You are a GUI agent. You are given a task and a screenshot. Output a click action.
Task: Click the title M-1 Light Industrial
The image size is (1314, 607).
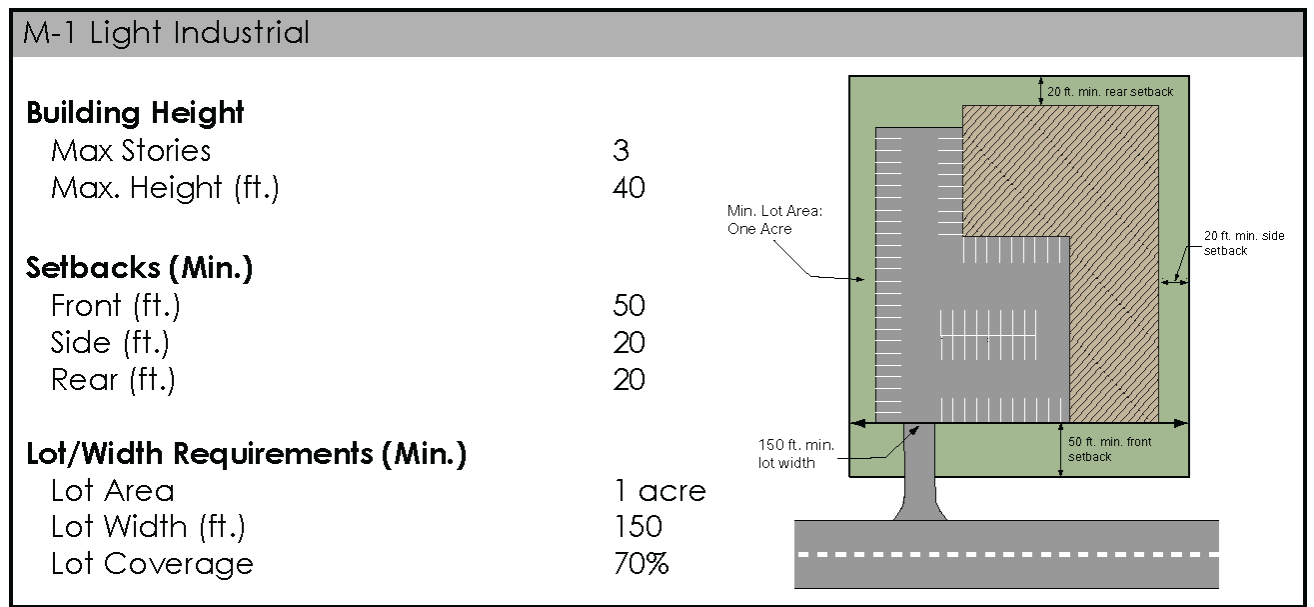coord(166,33)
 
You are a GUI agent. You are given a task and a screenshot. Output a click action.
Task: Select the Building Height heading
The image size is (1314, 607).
coord(135,113)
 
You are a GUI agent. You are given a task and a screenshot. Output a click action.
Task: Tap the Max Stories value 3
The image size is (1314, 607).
coord(621,151)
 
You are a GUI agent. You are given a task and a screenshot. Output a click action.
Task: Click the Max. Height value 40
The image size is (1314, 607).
coord(629,188)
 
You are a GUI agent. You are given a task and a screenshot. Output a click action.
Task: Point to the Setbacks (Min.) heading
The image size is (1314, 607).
coord(139,268)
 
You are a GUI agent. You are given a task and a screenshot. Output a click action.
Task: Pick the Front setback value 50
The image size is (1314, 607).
coord(629,306)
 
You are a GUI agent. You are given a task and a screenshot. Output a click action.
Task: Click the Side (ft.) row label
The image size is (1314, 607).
coord(110,343)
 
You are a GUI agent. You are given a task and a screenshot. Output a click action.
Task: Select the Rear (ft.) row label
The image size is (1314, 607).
coord(113,380)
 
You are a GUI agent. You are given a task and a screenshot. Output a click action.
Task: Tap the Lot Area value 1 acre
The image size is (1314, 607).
coord(658,491)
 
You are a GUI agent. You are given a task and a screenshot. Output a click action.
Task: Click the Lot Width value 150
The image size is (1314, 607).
coord(637,527)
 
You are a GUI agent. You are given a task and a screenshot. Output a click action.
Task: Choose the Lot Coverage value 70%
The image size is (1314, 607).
coord(641,564)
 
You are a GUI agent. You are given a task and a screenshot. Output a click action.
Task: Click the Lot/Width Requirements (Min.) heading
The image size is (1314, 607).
coord(246,454)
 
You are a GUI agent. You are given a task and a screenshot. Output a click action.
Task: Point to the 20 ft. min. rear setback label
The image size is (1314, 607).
coord(1109,92)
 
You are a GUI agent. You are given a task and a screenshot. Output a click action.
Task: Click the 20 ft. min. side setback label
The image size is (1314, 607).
coord(1243,243)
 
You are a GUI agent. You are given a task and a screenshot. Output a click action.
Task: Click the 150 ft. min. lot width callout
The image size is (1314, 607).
coord(794,453)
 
